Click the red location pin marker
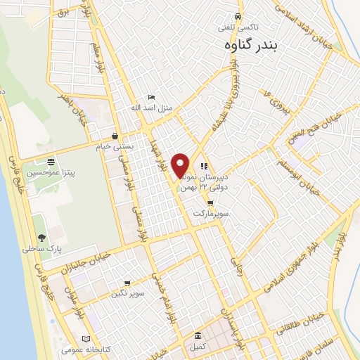181,165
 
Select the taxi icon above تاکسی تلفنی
238,16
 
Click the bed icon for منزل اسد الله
151,98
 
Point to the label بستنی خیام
114,147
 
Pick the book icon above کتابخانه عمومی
86,338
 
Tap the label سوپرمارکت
212,212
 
